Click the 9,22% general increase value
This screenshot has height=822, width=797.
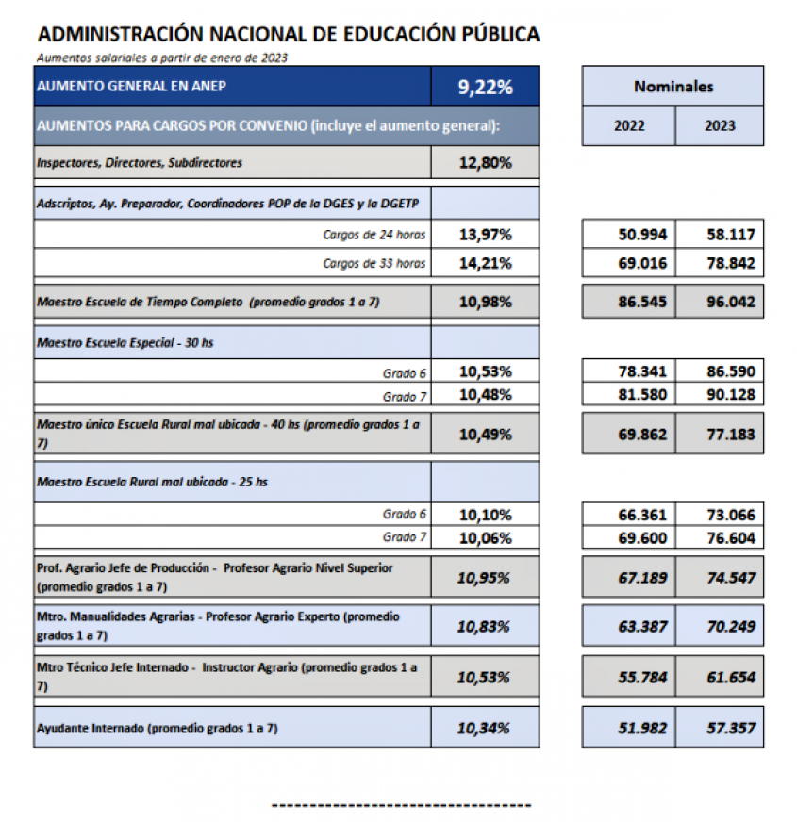pos(485,88)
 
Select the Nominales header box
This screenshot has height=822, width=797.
pos(672,87)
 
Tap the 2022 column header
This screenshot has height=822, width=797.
pos(629,126)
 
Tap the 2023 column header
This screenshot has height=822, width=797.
pos(720,126)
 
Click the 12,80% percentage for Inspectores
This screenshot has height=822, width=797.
pos(485,163)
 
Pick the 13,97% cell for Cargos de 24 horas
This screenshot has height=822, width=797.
pos(485,235)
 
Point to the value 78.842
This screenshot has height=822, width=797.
pos(731,263)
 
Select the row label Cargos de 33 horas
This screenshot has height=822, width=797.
pos(374,263)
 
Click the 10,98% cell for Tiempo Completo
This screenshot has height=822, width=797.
pos(485,302)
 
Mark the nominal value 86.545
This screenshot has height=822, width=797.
pos(641,302)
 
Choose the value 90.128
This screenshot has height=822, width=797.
pos(731,394)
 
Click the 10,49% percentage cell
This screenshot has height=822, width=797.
pos(485,434)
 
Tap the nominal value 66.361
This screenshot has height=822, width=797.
pos(641,515)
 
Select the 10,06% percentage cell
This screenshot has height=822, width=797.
pos(485,538)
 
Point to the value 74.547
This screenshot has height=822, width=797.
pos(731,576)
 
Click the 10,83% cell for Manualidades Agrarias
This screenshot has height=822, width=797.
pos(485,627)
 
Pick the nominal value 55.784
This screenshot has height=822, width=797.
pos(641,677)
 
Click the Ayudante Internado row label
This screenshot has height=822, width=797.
pos(157,728)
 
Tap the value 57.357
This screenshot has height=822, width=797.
pos(731,728)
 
